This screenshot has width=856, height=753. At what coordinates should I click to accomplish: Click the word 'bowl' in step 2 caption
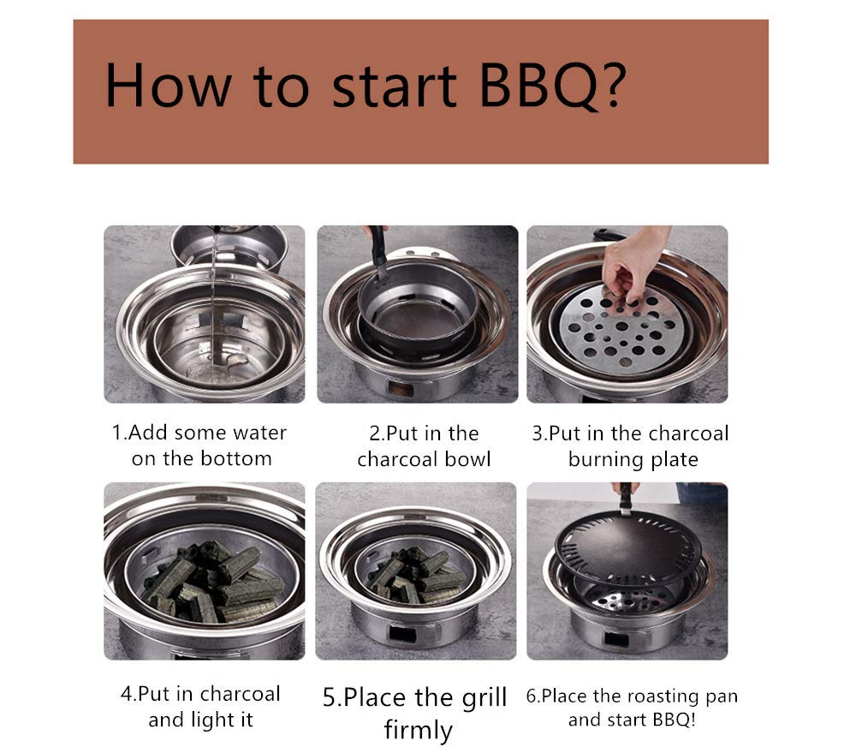pos(468,459)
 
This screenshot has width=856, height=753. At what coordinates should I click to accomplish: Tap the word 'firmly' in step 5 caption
pos(418,730)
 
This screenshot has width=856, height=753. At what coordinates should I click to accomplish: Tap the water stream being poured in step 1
pos(212,300)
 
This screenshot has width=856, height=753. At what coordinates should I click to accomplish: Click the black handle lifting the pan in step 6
pos(627,496)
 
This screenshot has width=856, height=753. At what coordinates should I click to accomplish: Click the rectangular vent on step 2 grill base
pos(398,387)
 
